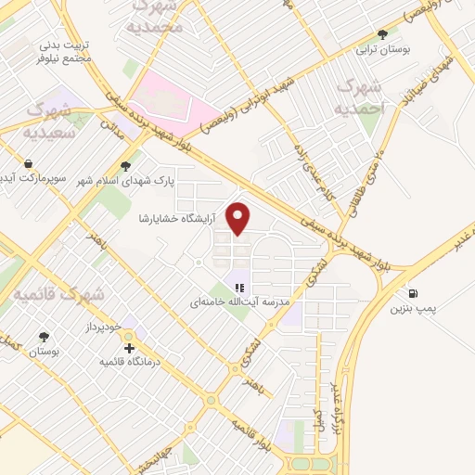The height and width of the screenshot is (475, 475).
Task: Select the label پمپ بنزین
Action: (412, 307)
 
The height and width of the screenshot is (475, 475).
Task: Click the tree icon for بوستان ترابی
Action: (382, 34)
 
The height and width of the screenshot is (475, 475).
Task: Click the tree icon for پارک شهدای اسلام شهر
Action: (125, 166)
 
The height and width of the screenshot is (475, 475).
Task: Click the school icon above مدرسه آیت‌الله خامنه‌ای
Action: (238, 288)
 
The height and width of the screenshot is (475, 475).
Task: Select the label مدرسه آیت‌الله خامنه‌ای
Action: (240, 302)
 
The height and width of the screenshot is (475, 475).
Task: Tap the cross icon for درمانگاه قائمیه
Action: (129, 348)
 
